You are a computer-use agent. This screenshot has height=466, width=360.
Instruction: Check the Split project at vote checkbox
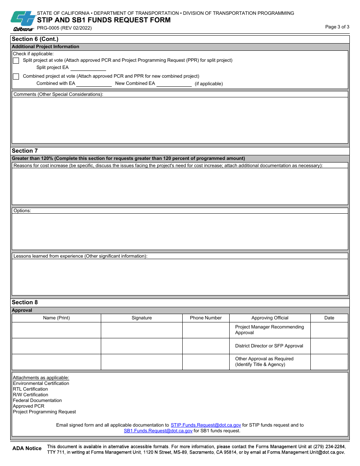(16, 61)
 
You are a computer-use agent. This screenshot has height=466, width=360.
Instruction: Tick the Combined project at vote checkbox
(16, 77)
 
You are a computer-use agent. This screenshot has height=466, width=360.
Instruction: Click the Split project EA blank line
(88, 68)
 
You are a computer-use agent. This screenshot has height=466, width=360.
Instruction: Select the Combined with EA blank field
(94, 84)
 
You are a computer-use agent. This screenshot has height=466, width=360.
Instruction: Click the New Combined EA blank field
(174, 84)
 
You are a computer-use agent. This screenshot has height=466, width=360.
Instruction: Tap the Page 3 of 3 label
(337, 27)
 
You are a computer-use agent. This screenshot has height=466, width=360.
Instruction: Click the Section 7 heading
(25, 151)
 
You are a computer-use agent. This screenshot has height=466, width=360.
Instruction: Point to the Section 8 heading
(25, 302)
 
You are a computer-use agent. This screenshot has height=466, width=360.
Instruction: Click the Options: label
(22, 211)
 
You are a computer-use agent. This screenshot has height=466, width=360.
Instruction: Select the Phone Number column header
(206, 318)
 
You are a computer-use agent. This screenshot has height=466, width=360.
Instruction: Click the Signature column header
(142, 318)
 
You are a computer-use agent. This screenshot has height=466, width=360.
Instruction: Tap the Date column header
(329, 318)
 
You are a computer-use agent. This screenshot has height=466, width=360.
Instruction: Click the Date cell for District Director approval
(329, 346)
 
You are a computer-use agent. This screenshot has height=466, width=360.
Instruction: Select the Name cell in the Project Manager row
(56, 330)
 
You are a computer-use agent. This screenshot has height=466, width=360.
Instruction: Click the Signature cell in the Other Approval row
(142, 362)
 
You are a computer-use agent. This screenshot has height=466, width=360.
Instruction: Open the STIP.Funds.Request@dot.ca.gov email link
(206, 425)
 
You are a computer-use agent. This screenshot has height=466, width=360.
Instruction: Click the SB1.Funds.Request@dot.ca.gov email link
(158, 431)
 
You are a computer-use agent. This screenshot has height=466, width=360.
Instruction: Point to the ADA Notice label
(27, 449)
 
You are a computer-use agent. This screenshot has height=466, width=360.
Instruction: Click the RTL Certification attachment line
(30, 389)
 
